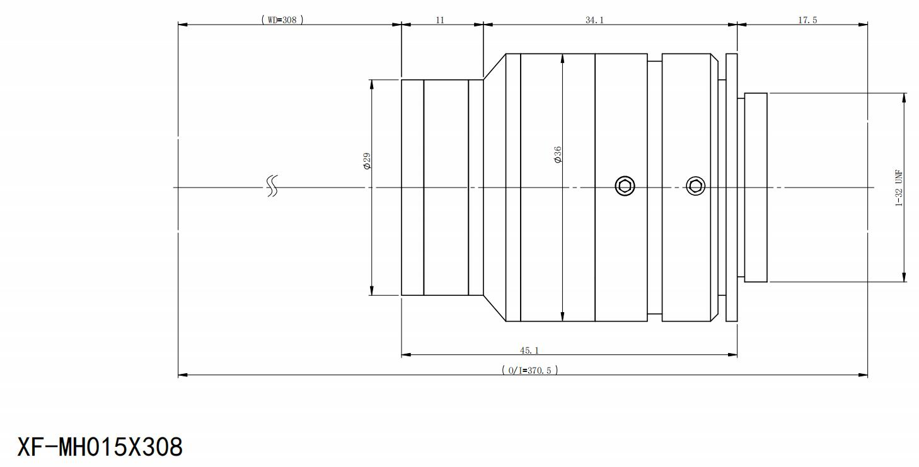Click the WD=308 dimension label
(282, 20)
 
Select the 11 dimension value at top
(440, 20)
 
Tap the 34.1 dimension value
(594, 20)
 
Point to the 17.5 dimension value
(807, 20)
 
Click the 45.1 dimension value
(529, 350)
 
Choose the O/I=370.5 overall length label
(529, 370)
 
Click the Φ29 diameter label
(366, 160)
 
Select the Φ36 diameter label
(558, 155)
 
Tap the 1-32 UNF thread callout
(899, 188)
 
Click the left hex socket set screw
(625, 186)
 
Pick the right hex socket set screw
(695, 186)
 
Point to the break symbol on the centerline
(272, 186)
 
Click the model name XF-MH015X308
(100, 447)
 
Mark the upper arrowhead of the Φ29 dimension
(372, 84)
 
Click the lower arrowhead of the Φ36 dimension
(562, 317)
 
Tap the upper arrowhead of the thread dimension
(904, 98)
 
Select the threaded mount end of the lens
(756, 188)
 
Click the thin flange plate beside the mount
(732, 188)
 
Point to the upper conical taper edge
(494, 66)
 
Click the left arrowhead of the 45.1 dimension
(406, 355)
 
